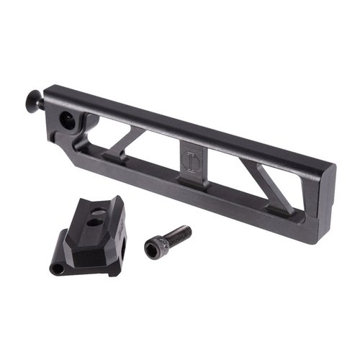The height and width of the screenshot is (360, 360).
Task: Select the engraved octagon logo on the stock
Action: click(190, 159)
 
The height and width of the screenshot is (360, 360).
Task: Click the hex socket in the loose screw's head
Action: click(153, 249)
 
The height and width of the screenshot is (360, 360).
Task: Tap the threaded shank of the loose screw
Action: click(179, 235)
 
